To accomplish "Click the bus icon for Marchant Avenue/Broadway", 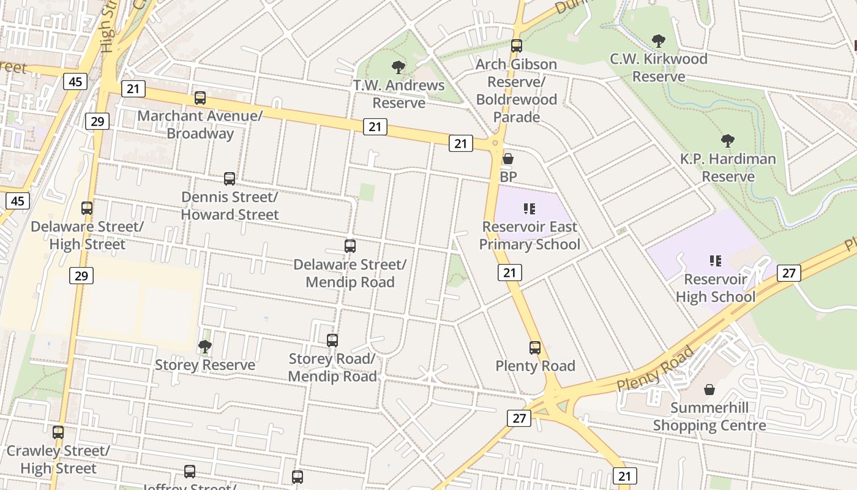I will tap(200, 98).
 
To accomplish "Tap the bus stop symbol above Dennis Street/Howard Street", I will tap(230, 179).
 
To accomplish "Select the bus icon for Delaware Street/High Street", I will tap(87, 208).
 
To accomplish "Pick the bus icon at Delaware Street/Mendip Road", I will tap(350, 246).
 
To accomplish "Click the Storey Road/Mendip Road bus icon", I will tap(332, 341).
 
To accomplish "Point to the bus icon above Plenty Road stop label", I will tap(535, 348).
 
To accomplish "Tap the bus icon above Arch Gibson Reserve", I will tap(517, 46).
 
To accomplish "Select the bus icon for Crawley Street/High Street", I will tap(58, 432).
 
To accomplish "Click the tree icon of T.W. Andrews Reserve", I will tap(399, 67).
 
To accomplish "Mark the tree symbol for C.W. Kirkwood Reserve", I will tap(659, 41).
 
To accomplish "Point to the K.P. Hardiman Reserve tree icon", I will tap(728, 141).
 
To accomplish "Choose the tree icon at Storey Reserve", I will tap(205, 347).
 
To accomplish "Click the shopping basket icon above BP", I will tap(508, 159).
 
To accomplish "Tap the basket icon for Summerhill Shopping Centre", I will tap(709, 390).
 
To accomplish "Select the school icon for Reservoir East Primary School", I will tap(530, 209).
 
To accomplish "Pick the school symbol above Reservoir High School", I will tap(715, 262).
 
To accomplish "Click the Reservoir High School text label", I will tap(715, 288).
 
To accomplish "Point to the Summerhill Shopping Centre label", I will tap(709, 417).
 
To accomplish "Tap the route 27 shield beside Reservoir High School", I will tap(788, 273).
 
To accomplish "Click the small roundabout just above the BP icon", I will tap(495, 144).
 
